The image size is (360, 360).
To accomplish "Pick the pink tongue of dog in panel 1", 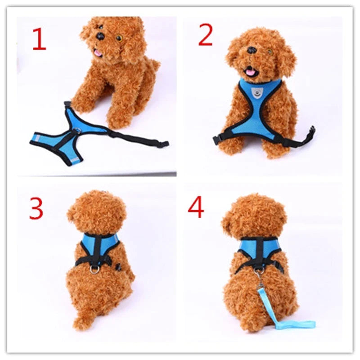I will click(97, 54).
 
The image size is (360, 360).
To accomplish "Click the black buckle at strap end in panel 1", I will click(163, 144).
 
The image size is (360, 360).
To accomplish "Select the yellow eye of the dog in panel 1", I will click(119, 38).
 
